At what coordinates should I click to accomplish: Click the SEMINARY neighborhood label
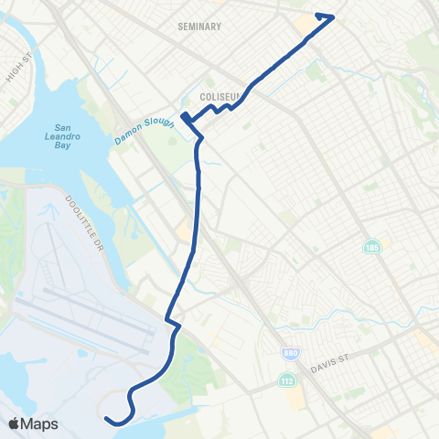(199, 27)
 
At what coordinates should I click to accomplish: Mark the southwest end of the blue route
(107, 419)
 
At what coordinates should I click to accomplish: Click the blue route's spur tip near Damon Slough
(182, 116)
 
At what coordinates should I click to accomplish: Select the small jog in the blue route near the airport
(172, 322)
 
